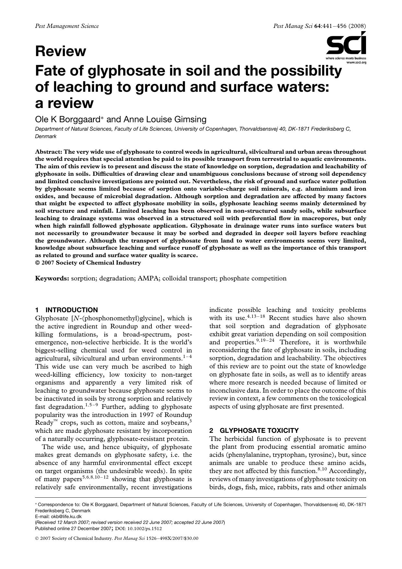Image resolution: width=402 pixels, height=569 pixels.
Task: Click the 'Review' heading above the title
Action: [61, 52]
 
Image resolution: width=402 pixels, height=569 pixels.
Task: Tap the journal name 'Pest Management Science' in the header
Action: [67, 26]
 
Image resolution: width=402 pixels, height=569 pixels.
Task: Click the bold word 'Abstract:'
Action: [49, 152]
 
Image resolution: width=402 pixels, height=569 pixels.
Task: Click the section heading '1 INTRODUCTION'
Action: [66, 310]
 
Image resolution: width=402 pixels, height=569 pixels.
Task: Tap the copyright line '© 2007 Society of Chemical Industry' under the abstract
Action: [88, 263]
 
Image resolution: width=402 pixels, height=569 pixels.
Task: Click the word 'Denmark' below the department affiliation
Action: [46, 136]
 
